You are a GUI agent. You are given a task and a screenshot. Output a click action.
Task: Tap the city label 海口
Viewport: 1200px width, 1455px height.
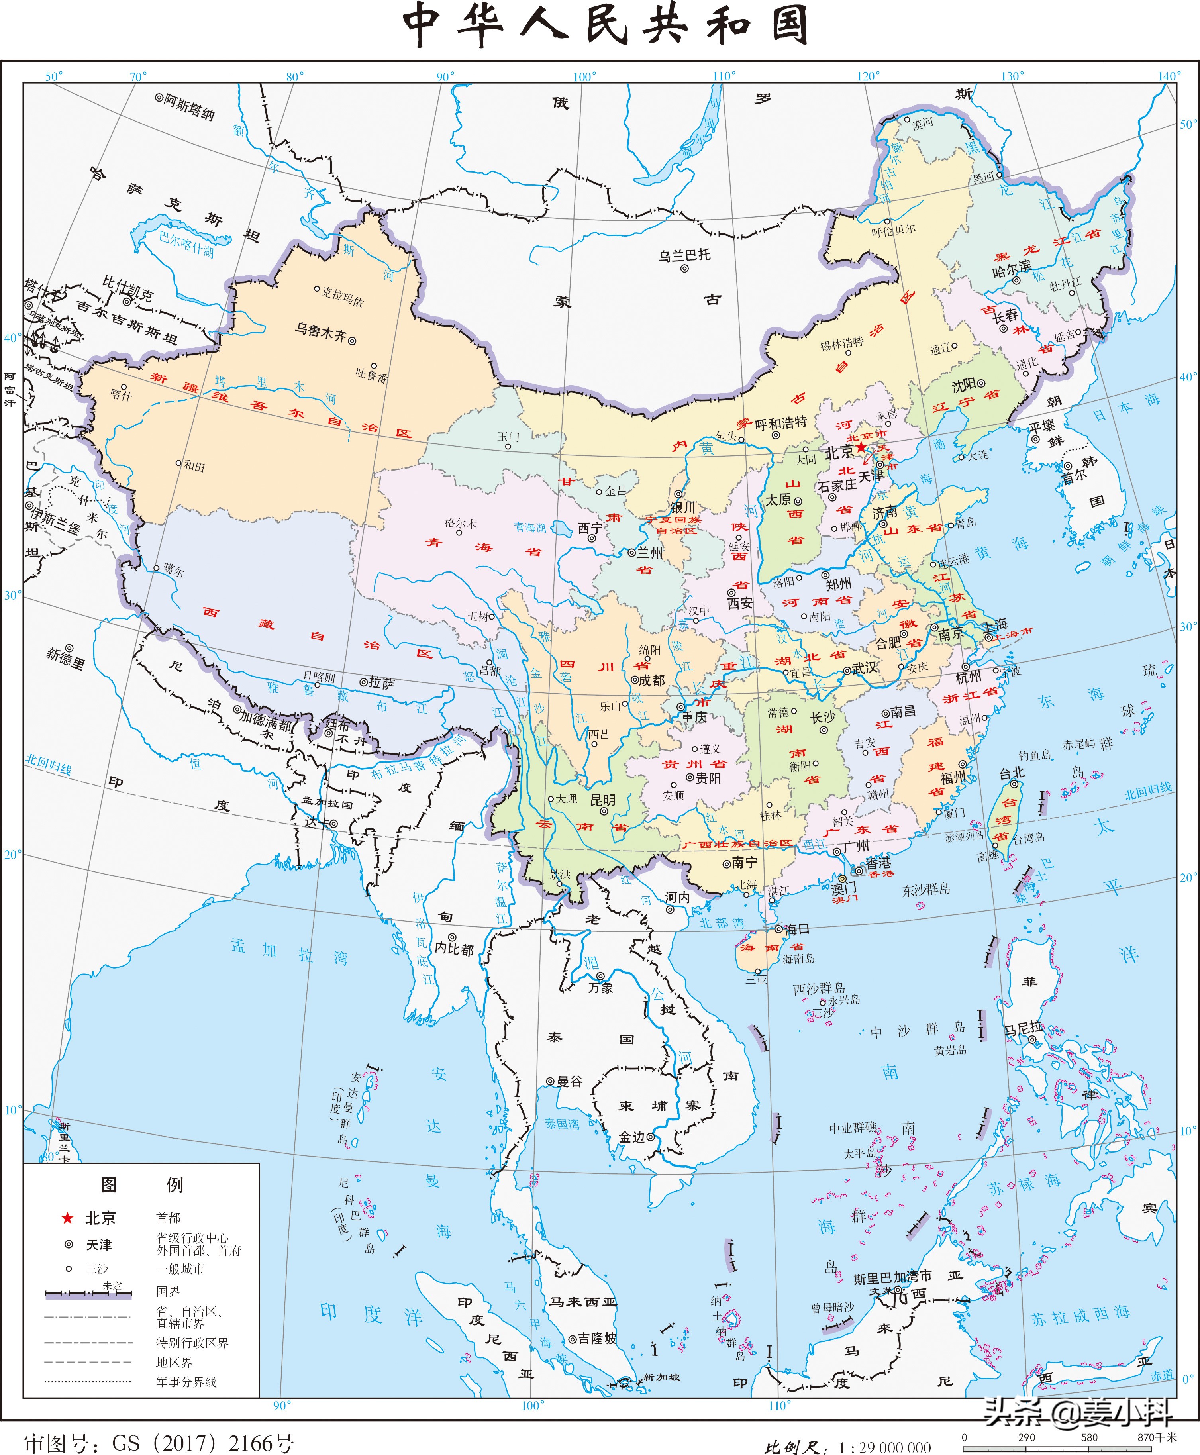(x=797, y=929)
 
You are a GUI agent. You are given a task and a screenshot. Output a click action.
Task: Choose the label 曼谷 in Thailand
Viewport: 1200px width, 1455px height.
(x=570, y=1081)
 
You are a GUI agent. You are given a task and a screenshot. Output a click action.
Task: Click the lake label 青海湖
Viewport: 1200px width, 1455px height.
(x=529, y=527)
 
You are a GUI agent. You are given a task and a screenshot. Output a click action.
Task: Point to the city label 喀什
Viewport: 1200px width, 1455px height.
(x=121, y=395)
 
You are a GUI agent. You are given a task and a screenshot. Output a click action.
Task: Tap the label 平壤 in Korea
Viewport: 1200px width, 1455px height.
(x=1042, y=426)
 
